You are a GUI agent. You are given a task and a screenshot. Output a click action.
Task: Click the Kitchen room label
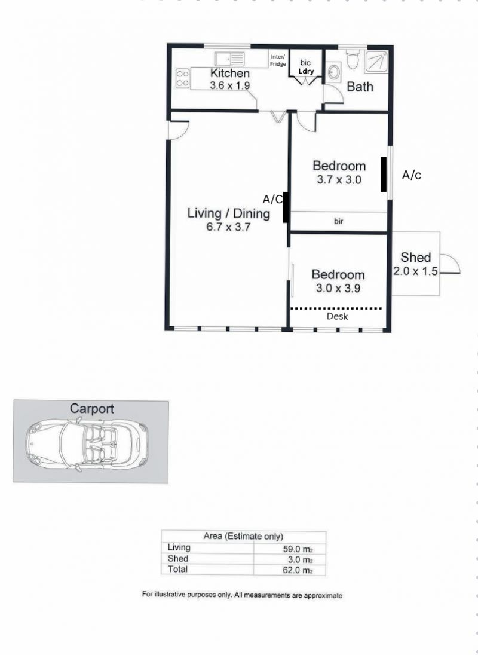click(x=229, y=73)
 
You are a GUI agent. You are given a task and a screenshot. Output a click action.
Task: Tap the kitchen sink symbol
click(x=229, y=59)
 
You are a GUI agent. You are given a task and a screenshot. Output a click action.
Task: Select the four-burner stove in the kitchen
click(x=182, y=78)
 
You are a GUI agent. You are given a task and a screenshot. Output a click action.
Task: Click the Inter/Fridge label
click(x=278, y=60)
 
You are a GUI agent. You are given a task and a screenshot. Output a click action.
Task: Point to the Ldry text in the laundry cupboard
click(x=306, y=71)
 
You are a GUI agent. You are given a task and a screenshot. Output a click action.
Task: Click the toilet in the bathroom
click(x=353, y=60)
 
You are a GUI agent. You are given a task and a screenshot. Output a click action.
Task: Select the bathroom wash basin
click(x=333, y=72)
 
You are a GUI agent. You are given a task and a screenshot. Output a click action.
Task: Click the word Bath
click(x=360, y=87)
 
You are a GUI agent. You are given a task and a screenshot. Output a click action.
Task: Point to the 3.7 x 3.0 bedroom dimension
click(x=339, y=180)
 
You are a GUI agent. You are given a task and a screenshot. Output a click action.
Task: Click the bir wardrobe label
click(x=339, y=221)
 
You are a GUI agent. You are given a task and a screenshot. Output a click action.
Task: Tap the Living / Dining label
click(x=228, y=213)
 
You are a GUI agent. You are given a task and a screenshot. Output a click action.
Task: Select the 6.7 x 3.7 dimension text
click(x=228, y=227)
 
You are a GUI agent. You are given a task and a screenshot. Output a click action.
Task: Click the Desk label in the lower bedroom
click(x=338, y=316)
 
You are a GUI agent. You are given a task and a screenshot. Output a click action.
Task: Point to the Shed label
click(x=415, y=258)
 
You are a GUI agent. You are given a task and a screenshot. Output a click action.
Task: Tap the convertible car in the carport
click(x=87, y=445)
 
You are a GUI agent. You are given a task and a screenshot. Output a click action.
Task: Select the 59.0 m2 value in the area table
click(x=298, y=549)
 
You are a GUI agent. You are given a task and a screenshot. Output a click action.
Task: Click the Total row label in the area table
click(x=177, y=569)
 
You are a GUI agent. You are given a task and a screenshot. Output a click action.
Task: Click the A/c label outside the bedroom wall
click(x=411, y=175)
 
